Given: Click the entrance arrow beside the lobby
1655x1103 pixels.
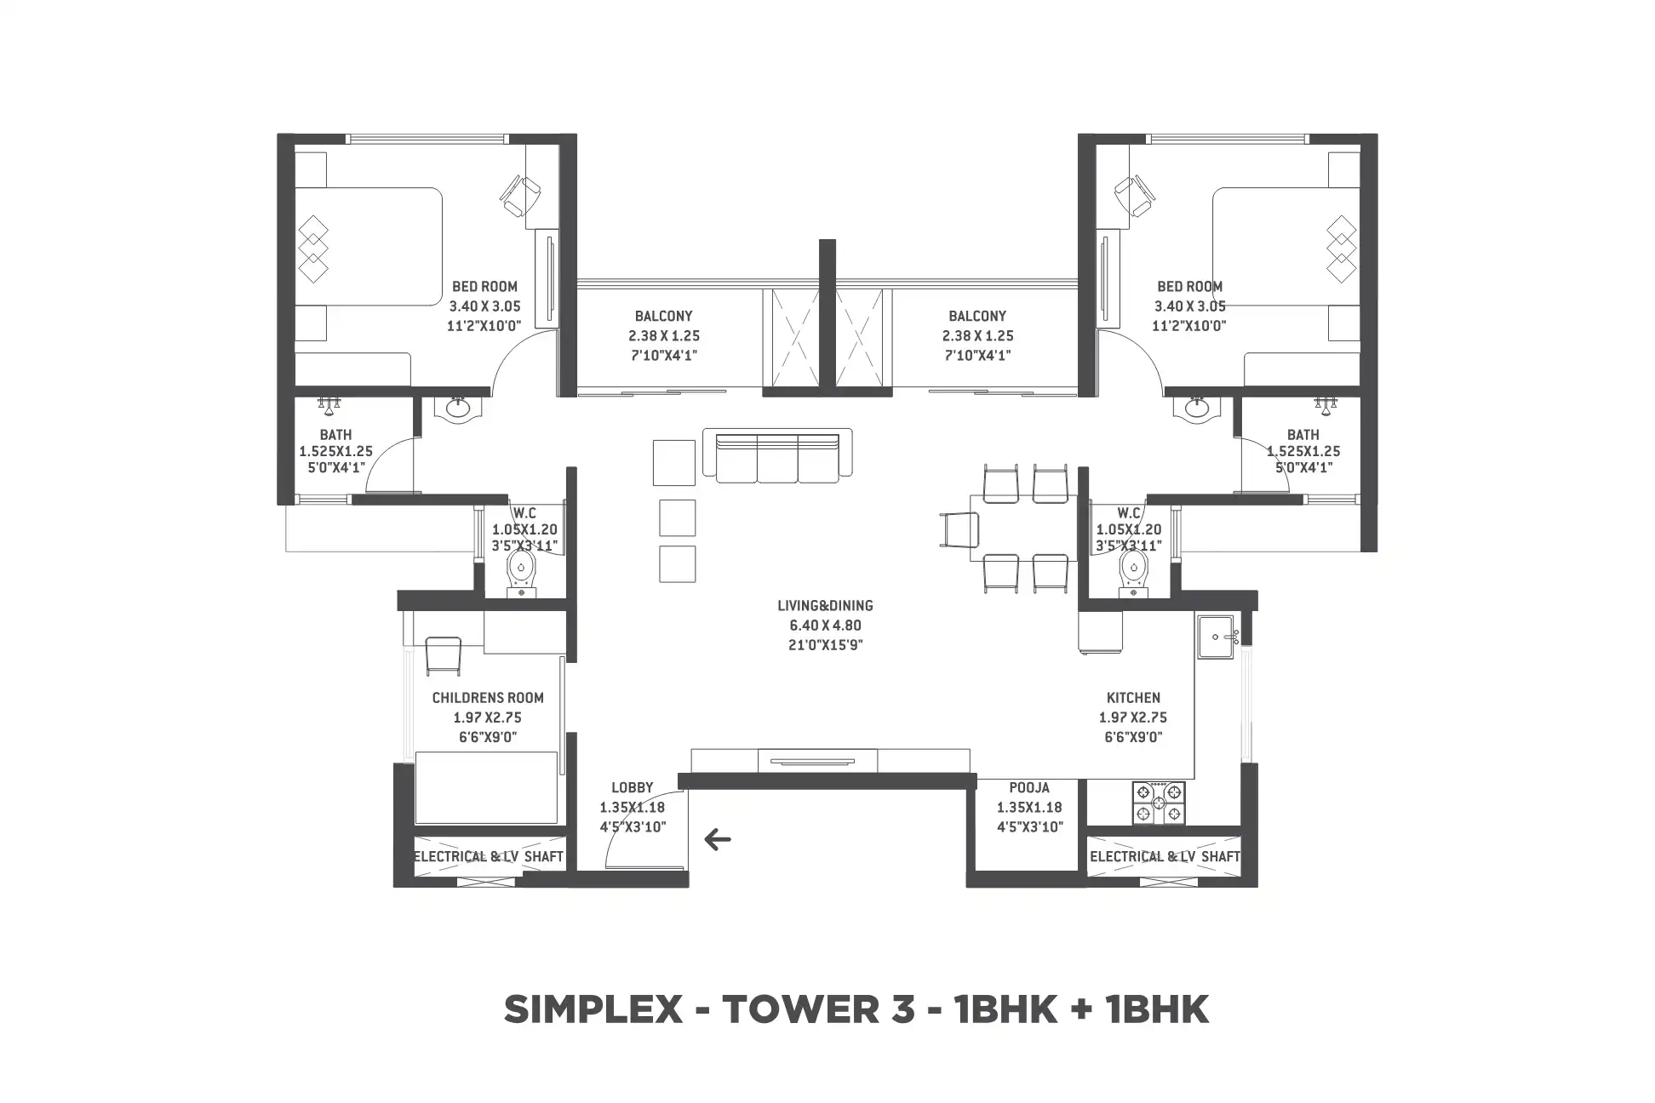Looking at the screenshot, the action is pyautogui.click(x=718, y=841).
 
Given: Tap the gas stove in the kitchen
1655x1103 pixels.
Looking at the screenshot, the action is pyautogui.click(x=1157, y=803).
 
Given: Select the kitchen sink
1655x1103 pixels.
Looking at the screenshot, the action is pyautogui.click(x=1219, y=637).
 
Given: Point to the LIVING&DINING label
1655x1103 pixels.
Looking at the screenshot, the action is pyautogui.click(x=825, y=606).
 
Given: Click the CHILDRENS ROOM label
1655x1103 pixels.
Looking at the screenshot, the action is pyautogui.click(x=488, y=698).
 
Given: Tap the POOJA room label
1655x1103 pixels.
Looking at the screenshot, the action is pyautogui.click(x=1029, y=788).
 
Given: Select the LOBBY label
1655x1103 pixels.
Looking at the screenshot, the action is pyautogui.click(x=633, y=788).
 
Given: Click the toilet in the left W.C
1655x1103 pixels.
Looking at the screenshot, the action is pyautogui.click(x=521, y=573).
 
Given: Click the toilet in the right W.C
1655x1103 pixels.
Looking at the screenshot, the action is pyautogui.click(x=1132, y=573).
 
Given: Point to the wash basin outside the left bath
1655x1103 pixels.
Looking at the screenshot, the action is pyautogui.click(x=459, y=409).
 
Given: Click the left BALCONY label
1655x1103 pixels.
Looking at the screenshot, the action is pyautogui.click(x=664, y=317).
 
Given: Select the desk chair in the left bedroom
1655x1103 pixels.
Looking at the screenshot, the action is pyautogui.click(x=518, y=195).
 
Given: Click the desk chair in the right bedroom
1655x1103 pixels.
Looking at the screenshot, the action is pyautogui.click(x=1136, y=195).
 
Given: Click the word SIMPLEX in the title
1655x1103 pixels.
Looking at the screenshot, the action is pyautogui.click(x=593, y=1010).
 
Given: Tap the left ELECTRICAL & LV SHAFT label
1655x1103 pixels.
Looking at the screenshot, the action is pyautogui.click(x=489, y=857).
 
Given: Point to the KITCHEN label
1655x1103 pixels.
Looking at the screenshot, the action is pyautogui.click(x=1133, y=698).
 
